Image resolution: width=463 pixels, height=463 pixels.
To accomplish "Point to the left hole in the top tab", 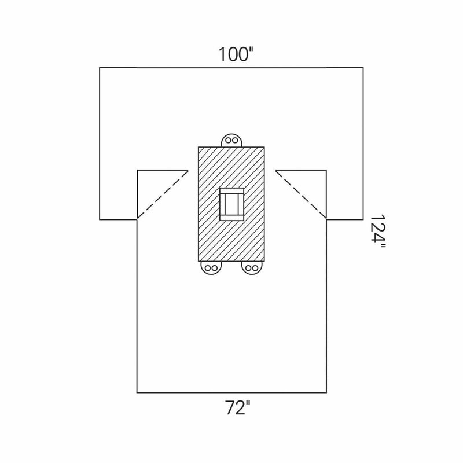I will coord(228,140).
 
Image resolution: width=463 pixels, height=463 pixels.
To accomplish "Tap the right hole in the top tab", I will coord(236,140).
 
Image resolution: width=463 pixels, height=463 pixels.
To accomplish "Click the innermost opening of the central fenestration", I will coord(231,205).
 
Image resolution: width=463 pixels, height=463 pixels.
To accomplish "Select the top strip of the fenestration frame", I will coord(231,191).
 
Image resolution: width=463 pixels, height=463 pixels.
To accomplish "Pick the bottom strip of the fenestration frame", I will coord(231,219).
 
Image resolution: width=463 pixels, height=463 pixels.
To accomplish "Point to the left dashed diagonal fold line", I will coord(163,194).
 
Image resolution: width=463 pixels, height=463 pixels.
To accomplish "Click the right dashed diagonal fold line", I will coord(301,194).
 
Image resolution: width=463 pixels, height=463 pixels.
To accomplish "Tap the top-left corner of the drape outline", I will coord(100,68).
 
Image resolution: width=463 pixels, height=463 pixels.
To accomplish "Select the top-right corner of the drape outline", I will coord(363,68).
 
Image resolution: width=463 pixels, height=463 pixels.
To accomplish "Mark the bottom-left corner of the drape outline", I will coord(137,392).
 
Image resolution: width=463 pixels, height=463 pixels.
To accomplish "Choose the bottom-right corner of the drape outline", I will coord(326,392).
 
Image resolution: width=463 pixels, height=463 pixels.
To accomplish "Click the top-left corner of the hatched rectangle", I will coord(199,148).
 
